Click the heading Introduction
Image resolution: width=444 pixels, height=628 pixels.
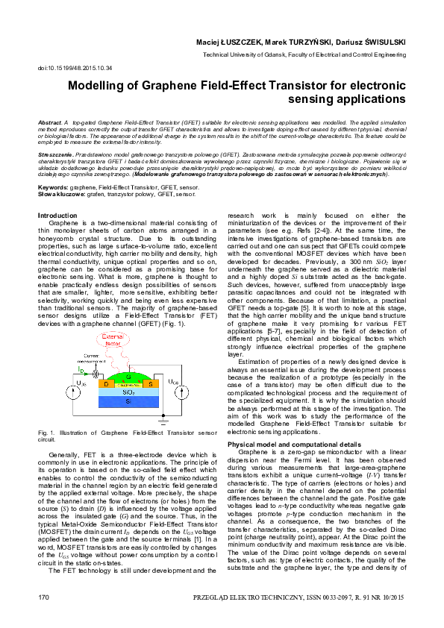tap(57, 215)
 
